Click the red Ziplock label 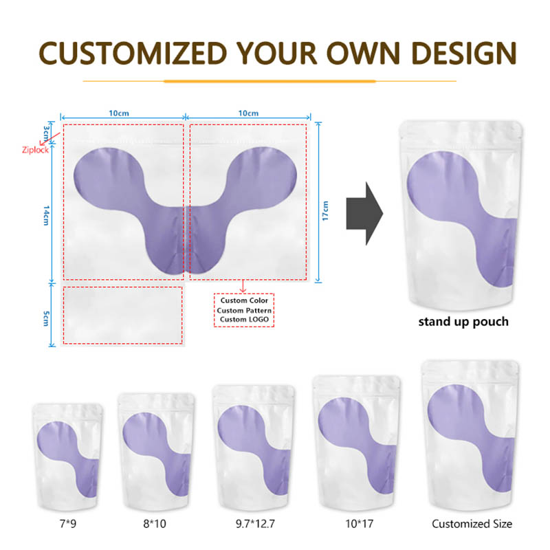pos(35,149)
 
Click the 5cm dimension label pos(47,318)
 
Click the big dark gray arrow pos(364,214)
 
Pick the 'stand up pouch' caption pos(464,321)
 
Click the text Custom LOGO pos(244,320)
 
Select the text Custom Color pos(244,300)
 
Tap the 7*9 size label pos(67,524)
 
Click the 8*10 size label pos(155,524)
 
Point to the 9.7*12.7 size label pos(256,524)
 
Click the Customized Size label pos(472,524)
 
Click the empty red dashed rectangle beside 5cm pos(123,315)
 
